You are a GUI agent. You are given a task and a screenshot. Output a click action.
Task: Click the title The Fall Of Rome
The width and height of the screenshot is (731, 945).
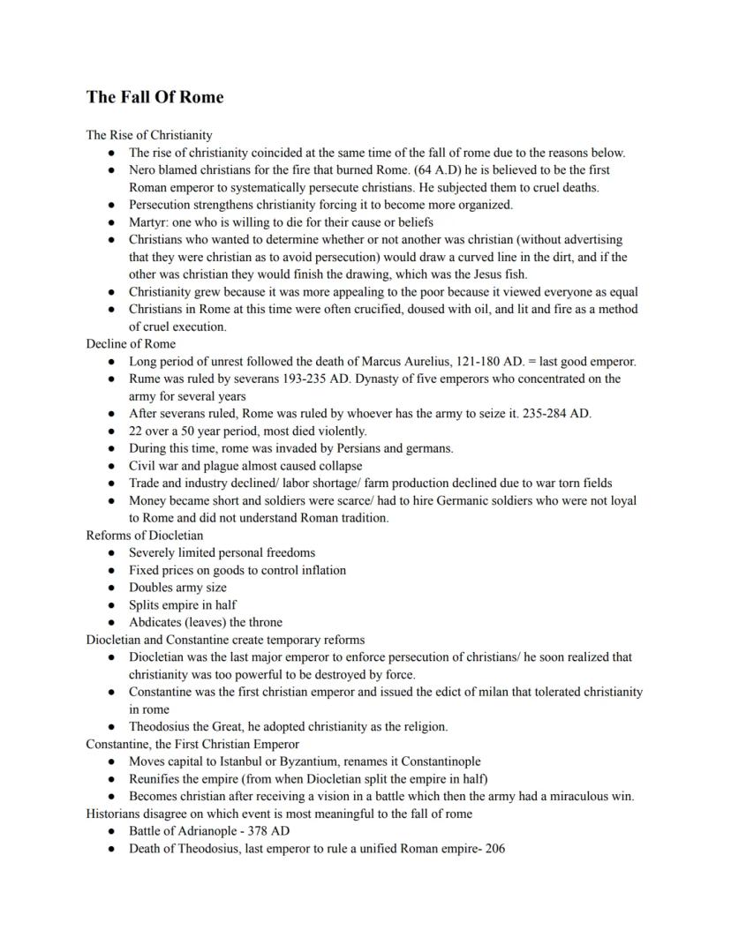[154, 97]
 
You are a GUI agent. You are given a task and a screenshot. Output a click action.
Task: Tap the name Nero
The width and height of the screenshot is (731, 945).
[144, 169]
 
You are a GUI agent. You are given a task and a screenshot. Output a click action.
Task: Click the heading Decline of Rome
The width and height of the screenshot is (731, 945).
[131, 343]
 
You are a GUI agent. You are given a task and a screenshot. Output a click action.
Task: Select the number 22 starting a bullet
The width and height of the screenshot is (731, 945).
[136, 431]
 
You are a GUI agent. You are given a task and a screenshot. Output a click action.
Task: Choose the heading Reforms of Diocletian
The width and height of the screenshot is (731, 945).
[145, 535]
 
